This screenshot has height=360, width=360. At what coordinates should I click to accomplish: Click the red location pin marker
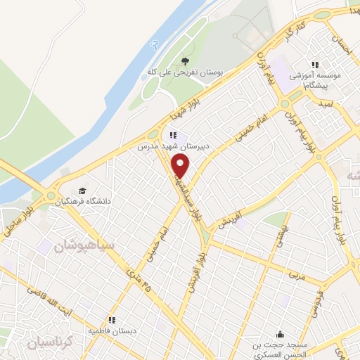[x=181, y=166]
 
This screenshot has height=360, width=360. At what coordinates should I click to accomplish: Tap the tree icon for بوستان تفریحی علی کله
[x=185, y=61]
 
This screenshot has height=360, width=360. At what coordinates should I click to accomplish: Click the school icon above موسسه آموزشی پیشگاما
[x=315, y=65]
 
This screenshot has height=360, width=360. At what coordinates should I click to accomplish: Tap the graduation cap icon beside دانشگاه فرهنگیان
[x=83, y=191]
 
